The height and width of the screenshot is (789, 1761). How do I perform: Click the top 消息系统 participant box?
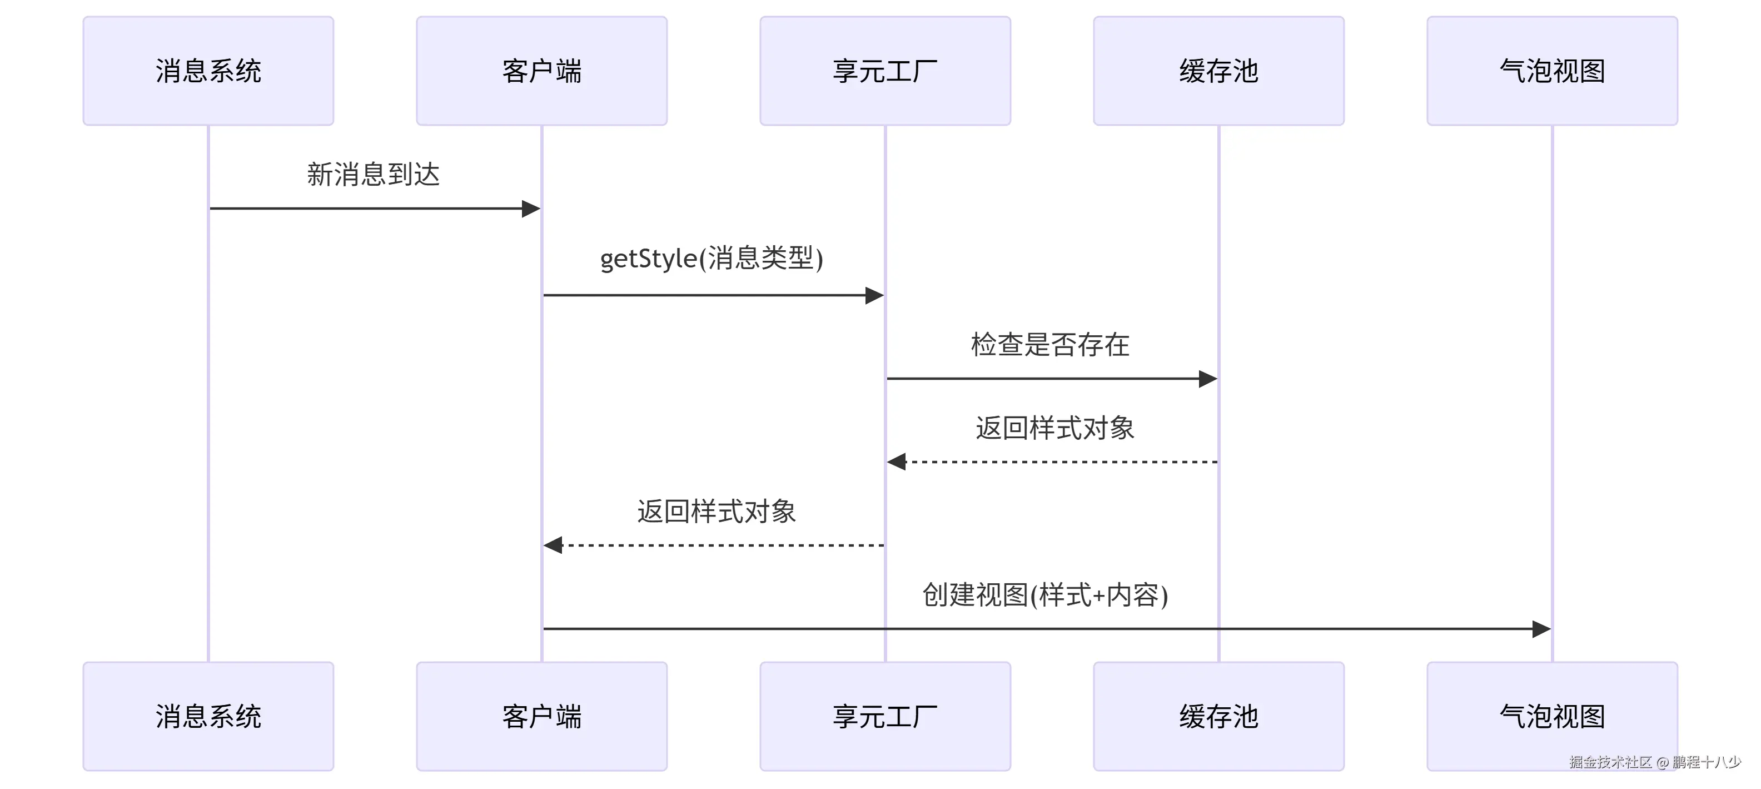tap(208, 71)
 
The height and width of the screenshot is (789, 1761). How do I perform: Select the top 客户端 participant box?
tap(541, 71)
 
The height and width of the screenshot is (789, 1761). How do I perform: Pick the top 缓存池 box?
tap(1218, 71)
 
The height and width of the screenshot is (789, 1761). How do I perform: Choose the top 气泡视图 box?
tap(1552, 71)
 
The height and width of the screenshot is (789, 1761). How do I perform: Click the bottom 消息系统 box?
tap(208, 716)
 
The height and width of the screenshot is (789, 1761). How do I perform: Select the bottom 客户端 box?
tap(541, 716)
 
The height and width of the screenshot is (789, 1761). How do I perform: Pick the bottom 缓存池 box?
tap(1218, 716)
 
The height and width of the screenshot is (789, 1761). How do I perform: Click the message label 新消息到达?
tap(373, 175)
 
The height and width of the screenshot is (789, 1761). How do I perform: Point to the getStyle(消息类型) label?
tap(711, 259)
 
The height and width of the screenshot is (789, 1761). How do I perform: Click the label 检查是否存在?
tap(1050, 344)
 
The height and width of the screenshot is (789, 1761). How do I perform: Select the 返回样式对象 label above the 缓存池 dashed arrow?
tap(1054, 428)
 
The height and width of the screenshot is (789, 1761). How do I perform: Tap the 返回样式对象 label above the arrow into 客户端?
tap(717, 512)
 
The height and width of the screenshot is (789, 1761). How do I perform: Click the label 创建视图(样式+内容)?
tap(1044, 595)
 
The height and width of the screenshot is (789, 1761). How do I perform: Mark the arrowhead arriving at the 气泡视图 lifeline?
tap(1541, 628)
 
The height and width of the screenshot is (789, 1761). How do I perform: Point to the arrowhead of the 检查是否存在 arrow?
tap(1208, 378)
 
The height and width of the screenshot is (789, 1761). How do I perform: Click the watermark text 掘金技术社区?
tap(1610, 762)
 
